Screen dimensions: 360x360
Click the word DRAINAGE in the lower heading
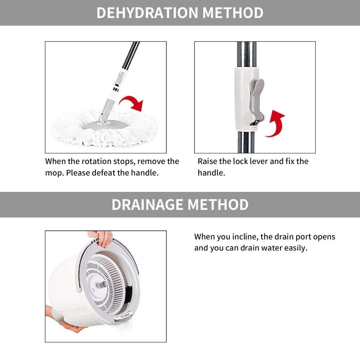[x=148, y=204]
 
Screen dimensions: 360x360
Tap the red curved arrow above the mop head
[x=132, y=102]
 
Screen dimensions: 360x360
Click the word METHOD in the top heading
[x=233, y=13]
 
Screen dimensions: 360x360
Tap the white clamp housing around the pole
[x=243, y=99]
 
